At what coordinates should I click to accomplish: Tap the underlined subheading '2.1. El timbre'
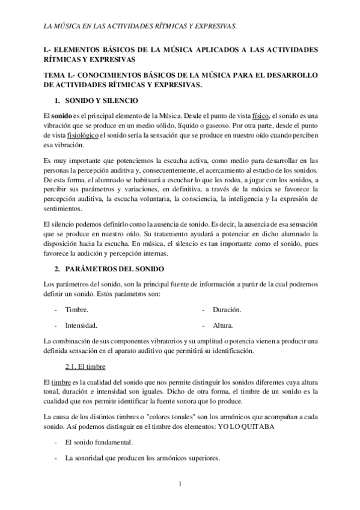tap(84, 367)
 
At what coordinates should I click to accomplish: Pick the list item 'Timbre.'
tap(76, 310)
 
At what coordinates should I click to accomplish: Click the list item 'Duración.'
tap(227, 310)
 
